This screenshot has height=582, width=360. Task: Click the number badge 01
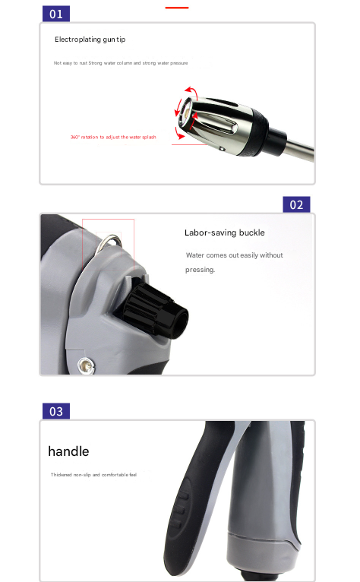click(55, 14)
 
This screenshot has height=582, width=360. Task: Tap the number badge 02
click(296, 204)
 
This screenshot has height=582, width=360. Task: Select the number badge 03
click(55, 411)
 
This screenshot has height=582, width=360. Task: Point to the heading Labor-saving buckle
click(225, 232)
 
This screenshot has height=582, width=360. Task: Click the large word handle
click(68, 451)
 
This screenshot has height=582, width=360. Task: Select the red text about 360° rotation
click(113, 138)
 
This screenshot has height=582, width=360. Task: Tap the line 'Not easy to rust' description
click(121, 63)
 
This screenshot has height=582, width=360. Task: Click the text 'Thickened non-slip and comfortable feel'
click(94, 475)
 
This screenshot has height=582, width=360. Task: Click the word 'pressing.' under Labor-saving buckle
click(201, 270)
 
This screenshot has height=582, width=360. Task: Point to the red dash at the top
click(176, 7)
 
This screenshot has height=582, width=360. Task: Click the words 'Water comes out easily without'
click(234, 255)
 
